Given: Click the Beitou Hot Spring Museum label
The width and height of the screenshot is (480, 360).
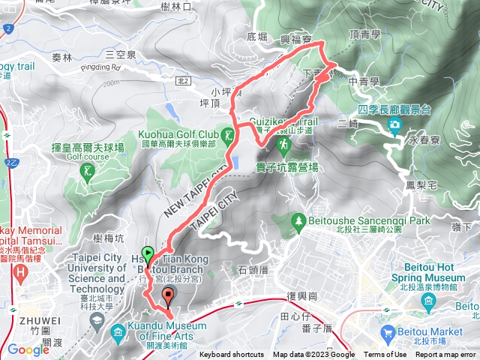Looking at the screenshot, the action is click(429, 271).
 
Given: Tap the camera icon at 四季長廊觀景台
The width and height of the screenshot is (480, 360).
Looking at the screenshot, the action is click(395, 124).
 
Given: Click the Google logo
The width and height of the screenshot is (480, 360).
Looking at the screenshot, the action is click(28, 349).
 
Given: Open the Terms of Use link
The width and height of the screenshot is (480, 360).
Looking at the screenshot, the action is click(385, 355).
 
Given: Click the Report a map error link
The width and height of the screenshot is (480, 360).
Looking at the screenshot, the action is click(446, 355).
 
